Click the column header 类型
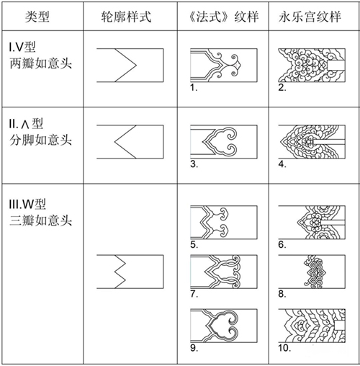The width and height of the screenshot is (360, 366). click(37, 17)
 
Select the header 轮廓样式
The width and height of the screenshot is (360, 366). click(126, 17)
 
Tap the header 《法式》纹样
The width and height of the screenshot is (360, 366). click(223, 17)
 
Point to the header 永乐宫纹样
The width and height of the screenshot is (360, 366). click(310, 17)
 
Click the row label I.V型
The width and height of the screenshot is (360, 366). click(22, 47)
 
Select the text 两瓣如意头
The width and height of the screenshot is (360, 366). click(41, 63)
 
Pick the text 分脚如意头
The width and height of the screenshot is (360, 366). click(41, 140)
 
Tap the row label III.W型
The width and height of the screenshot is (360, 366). click(27, 204)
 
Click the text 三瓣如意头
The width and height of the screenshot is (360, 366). click(41, 220)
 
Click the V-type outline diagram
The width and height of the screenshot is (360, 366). click(130, 66)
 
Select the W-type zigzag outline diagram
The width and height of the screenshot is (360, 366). click(130, 272)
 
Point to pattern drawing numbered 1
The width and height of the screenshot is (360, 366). click(224, 66)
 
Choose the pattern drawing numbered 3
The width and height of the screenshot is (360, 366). click(224, 142)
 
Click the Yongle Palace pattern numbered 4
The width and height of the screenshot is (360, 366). click(312, 142)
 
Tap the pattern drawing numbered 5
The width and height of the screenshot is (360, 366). click(224, 222)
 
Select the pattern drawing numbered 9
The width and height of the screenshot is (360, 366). click(224, 326)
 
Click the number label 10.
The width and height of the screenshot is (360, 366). click(284, 348)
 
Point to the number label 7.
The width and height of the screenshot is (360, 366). click(194, 294)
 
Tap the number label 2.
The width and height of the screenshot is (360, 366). click(282, 87)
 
